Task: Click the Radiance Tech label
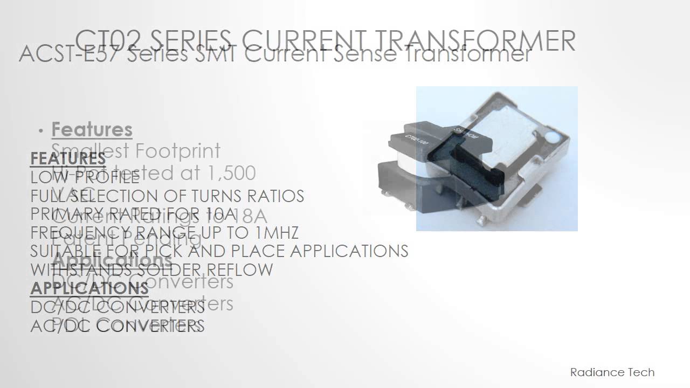click(612, 372)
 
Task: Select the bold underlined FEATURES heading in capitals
click(68, 159)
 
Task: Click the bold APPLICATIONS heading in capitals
click(89, 288)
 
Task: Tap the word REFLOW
click(246, 269)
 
